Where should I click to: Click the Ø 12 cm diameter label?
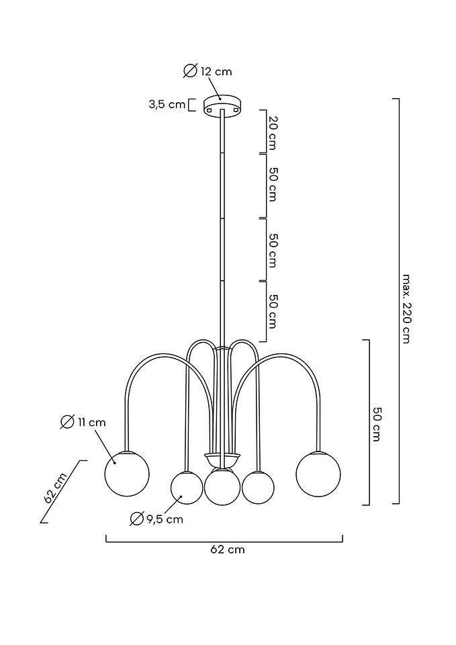(208, 71)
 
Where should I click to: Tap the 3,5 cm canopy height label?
(167, 104)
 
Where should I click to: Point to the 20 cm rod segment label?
(272, 132)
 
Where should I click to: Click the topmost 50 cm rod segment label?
(272, 184)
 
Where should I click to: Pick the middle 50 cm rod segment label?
(272, 250)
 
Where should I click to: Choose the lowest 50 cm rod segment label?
(272, 310)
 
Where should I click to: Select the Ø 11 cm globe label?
(83, 422)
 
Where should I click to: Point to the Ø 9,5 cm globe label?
(157, 519)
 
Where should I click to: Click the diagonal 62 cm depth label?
(55, 488)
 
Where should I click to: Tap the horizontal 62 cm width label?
(228, 550)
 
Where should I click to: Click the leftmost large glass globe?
(127, 474)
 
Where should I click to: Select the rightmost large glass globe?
(318, 474)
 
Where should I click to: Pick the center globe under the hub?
(222, 487)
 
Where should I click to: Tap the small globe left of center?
(187, 487)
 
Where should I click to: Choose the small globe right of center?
(258, 487)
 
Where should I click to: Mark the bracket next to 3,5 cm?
(191, 105)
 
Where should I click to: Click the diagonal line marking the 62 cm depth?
(64, 491)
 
